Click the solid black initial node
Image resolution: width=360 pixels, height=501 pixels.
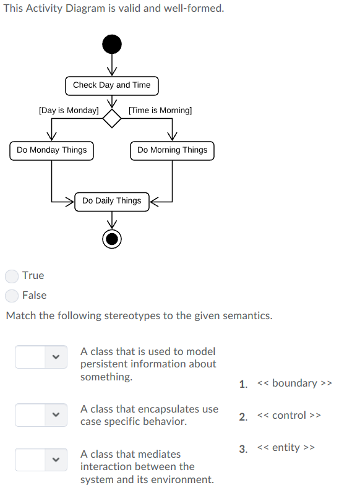(x=112, y=45)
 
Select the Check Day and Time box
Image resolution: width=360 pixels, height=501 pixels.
(x=111, y=85)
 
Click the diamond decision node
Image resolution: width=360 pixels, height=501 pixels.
(x=112, y=118)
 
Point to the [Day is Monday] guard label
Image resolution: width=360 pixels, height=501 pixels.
(x=68, y=110)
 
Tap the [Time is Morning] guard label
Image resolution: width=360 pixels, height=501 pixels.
(x=160, y=110)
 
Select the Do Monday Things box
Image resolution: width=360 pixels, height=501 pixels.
(x=52, y=150)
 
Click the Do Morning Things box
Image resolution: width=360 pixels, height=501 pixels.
(x=172, y=150)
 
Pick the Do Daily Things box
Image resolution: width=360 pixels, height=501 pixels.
(x=111, y=201)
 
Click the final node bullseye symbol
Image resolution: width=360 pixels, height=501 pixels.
(x=112, y=238)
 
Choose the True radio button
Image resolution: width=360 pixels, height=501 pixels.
(x=12, y=276)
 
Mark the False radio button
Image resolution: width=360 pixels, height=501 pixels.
(x=12, y=296)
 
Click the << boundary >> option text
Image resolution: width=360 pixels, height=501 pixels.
(x=295, y=383)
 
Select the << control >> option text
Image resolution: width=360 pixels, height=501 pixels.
(x=289, y=415)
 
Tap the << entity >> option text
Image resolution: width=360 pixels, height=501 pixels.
(x=286, y=447)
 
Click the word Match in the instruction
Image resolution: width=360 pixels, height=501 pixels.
(x=20, y=316)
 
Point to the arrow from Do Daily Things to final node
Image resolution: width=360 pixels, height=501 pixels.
(x=112, y=220)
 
